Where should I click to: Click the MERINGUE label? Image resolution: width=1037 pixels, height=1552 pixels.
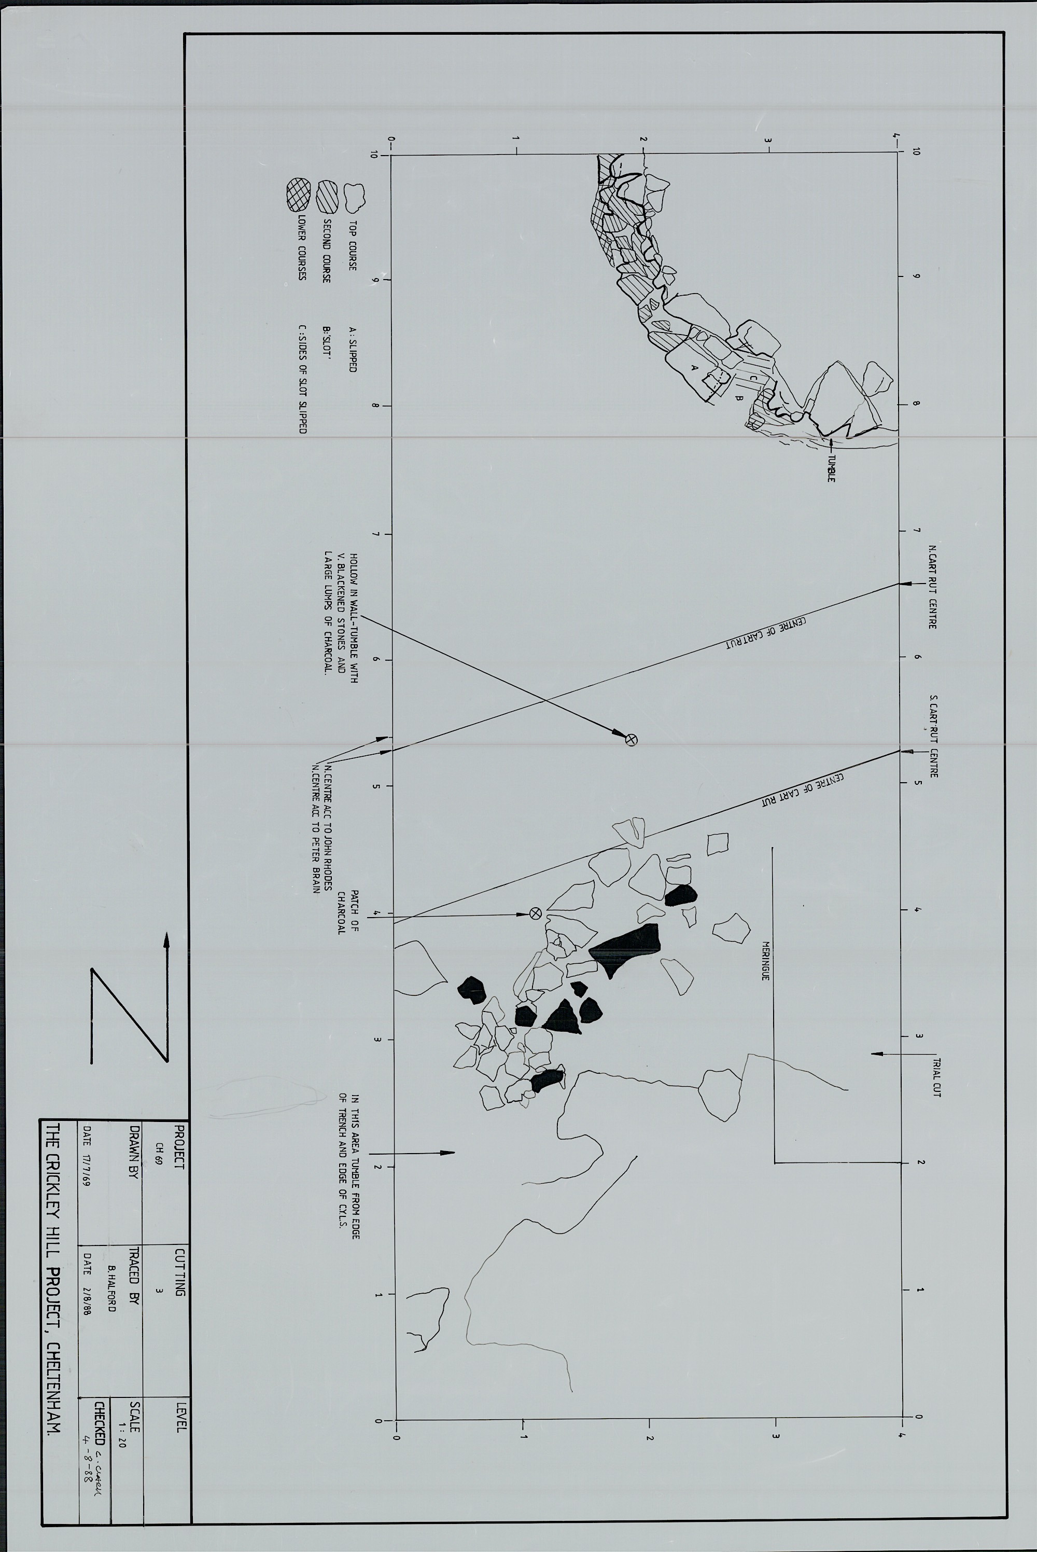click(x=765, y=961)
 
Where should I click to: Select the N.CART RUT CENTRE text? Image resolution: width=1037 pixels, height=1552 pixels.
click(x=932, y=587)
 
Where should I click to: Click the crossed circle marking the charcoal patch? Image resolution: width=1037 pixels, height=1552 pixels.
click(x=536, y=913)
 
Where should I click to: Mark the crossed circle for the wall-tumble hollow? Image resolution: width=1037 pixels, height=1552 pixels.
click(x=631, y=740)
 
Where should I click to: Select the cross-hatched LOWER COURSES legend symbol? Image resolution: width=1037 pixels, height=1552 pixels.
click(x=298, y=195)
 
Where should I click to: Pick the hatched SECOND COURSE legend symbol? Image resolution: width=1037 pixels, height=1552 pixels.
click(x=326, y=196)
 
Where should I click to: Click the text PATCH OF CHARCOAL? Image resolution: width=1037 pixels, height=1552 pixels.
click(x=348, y=911)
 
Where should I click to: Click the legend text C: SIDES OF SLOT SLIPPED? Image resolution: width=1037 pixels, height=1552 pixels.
click(x=303, y=379)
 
